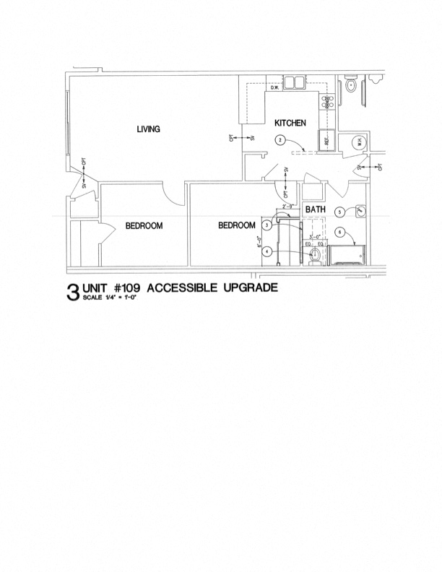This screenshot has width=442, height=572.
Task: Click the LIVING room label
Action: click(x=148, y=129)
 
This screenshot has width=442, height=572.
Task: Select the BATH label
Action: click(x=315, y=209)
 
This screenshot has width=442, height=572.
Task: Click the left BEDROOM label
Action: click(x=144, y=226)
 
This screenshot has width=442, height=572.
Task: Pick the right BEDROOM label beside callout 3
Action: click(x=238, y=226)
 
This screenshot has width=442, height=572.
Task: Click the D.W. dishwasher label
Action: click(x=275, y=88)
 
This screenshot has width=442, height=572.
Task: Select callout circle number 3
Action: click(x=266, y=225)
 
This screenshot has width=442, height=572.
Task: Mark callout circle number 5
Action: click(x=339, y=212)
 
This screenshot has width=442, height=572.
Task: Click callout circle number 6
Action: click(x=339, y=232)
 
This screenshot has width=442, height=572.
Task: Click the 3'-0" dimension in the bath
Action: click(x=314, y=237)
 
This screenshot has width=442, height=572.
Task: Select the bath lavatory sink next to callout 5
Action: click(x=360, y=211)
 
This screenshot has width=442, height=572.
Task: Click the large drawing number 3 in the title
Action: click(x=72, y=292)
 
